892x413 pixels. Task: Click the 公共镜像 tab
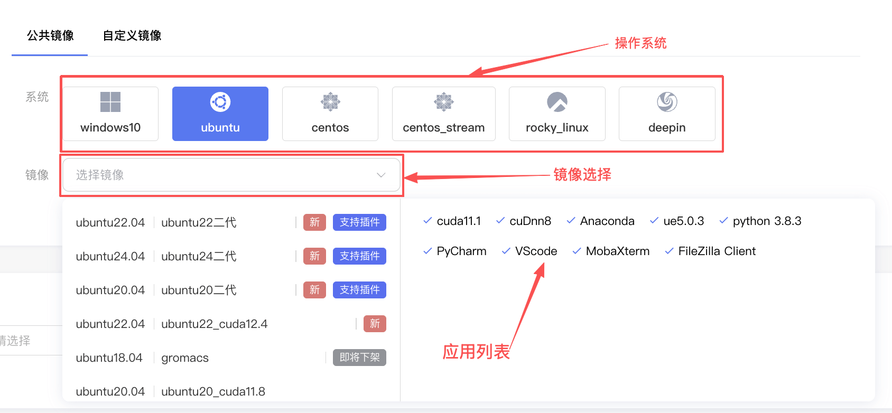click(x=50, y=36)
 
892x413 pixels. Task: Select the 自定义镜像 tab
click(x=132, y=36)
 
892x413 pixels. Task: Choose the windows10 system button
click(x=110, y=114)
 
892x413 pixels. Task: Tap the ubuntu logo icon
click(x=220, y=102)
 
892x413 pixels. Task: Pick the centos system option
click(x=330, y=114)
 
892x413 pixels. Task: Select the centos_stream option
click(x=443, y=114)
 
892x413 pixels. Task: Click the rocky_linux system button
click(x=557, y=114)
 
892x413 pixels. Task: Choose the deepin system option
click(x=667, y=114)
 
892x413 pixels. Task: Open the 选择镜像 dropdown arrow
click(x=381, y=175)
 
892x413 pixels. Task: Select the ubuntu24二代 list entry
click(x=199, y=256)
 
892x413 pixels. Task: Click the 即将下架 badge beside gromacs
click(x=359, y=358)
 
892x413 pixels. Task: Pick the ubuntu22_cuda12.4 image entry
click(x=214, y=324)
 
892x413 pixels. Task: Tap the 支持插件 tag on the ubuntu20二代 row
click(x=359, y=290)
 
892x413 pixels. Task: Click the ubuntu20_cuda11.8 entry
click(x=213, y=391)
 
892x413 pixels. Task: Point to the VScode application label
click(x=536, y=251)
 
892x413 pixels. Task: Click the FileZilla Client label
click(x=717, y=251)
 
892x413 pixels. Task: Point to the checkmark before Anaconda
click(x=571, y=221)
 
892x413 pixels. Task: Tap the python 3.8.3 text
click(x=767, y=221)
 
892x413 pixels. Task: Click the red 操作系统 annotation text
click(x=640, y=43)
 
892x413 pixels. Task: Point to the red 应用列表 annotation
click(x=476, y=351)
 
